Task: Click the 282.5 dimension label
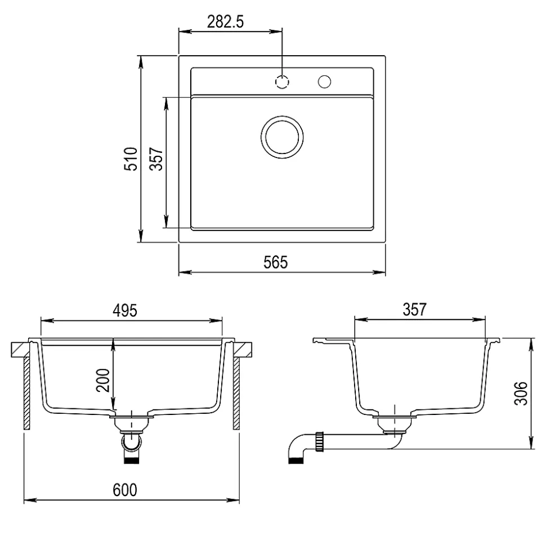[x=225, y=22]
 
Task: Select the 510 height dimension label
[x=131, y=159]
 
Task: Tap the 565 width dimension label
[x=276, y=262]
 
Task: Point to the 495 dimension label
[x=125, y=310]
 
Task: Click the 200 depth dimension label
[x=103, y=380]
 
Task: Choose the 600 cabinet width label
[x=125, y=490]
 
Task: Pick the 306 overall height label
[x=521, y=394]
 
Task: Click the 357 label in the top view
[x=156, y=159]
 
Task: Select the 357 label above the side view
[x=414, y=309]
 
